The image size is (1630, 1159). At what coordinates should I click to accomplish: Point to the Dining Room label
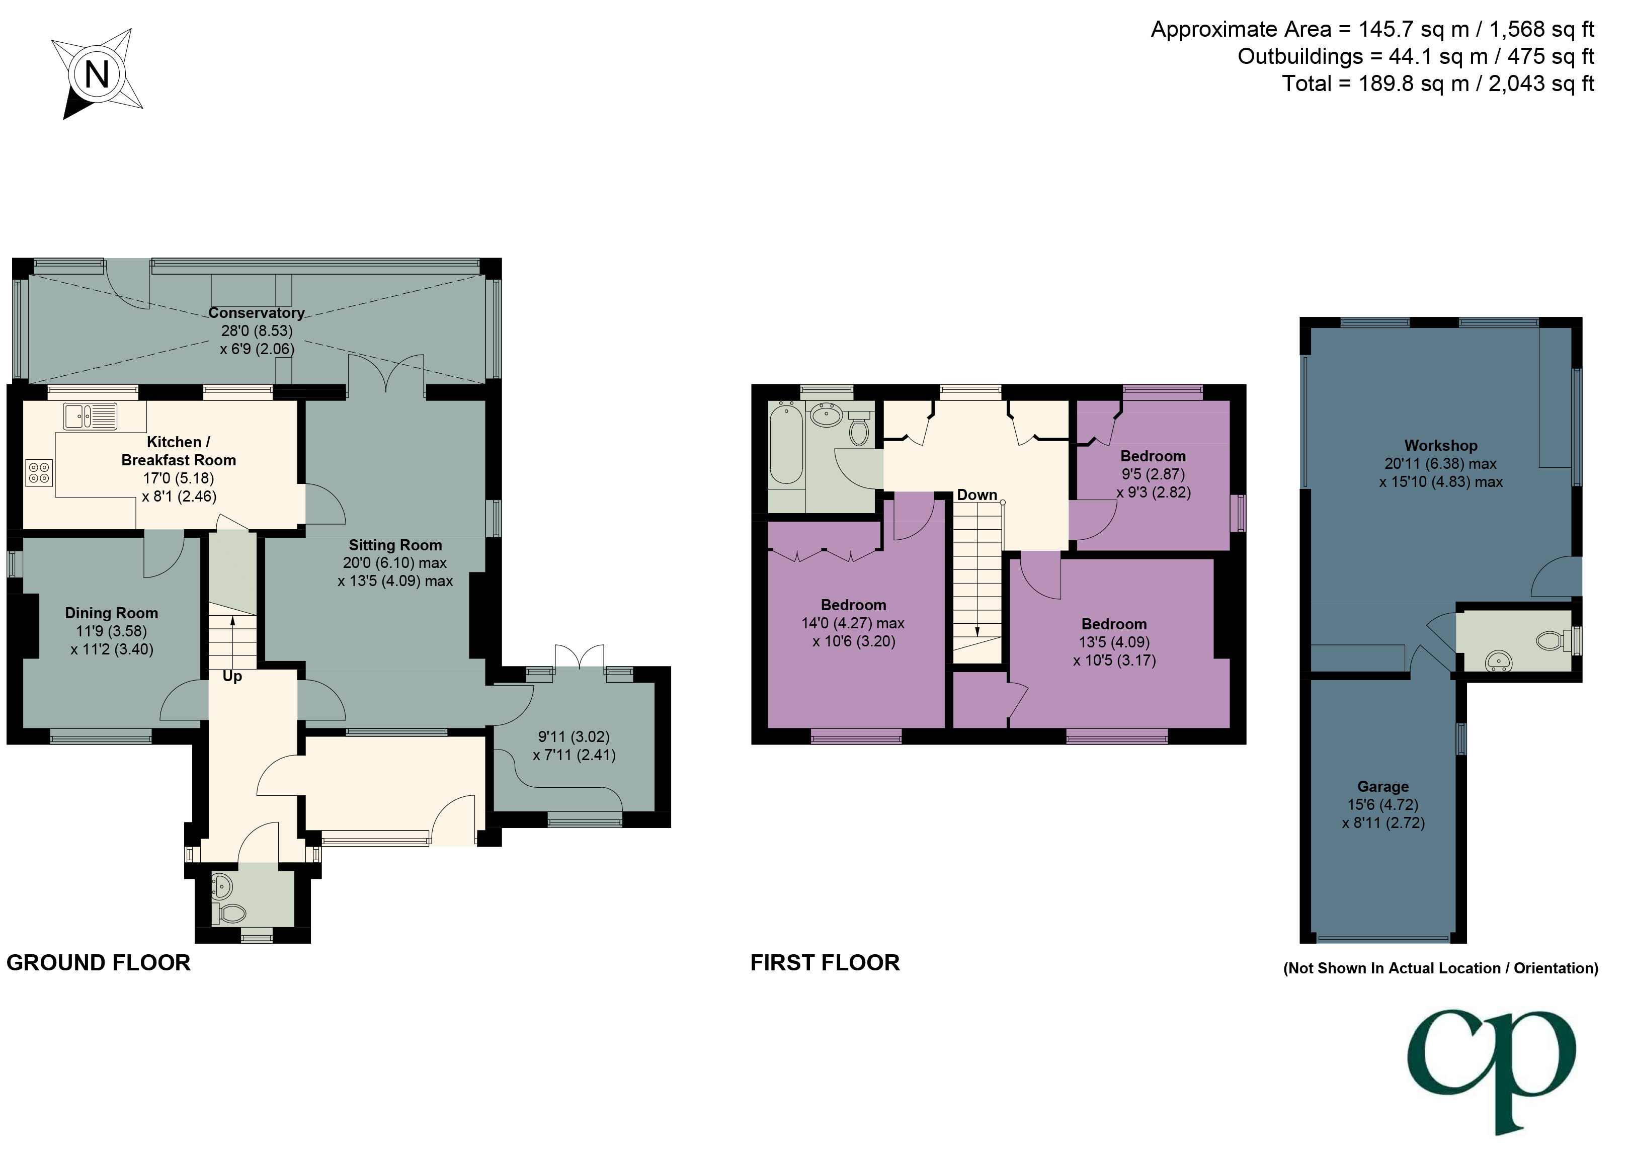(111, 613)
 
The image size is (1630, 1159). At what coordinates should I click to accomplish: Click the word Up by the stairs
(232, 676)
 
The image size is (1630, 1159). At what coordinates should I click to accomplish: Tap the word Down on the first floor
(976, 494)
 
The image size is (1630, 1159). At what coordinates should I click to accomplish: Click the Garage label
(1382, 786)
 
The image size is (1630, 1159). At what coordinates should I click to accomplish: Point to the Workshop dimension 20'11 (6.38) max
(1440, 464)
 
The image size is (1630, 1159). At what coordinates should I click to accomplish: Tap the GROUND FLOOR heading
(99, 963)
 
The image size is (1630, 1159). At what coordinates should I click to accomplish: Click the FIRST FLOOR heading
(825, 963)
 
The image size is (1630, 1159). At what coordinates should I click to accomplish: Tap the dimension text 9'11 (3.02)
(574, 736)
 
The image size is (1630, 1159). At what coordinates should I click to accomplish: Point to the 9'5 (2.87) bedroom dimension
(1153, 474)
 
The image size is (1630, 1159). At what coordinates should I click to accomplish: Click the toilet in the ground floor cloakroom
(232, 913)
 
